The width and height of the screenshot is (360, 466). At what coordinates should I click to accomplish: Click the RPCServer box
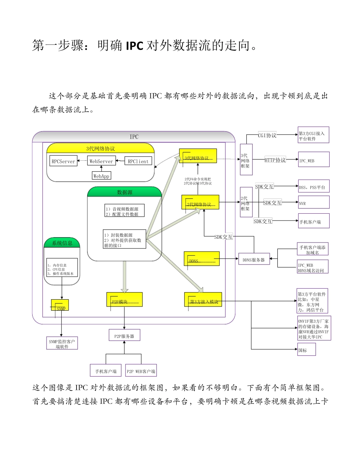(x=63, y=161)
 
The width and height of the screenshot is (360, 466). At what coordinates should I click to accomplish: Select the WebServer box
(x=100, y=161)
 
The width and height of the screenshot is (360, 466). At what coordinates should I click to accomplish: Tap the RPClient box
(x=138, y=161)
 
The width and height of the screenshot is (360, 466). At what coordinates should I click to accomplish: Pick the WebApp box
(x=102, y=176)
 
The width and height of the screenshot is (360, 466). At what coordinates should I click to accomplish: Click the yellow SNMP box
(x=60, y=305)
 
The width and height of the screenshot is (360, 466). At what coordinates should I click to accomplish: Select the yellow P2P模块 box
(x=124, y=299)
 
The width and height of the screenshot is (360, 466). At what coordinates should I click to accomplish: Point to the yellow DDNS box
(x=201, y=258)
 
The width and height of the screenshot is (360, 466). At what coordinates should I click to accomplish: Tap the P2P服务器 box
(x=124, y=335)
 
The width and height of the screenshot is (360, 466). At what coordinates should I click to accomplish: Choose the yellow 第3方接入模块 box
(x=203, y=299)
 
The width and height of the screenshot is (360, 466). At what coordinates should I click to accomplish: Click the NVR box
(x=313, y=202)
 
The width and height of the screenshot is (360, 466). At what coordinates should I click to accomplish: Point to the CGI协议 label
(x=267, y=135)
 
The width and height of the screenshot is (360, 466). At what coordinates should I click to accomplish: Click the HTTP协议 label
(x=275, y=160)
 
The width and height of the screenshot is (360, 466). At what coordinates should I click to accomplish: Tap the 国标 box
(x=306, y=349)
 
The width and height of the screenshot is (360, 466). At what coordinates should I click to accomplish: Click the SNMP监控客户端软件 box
(x=62, y=343)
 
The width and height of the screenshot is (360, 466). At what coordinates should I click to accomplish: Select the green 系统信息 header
(x=62, y=243)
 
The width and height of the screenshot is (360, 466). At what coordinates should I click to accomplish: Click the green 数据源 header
(x=125, y=192)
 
